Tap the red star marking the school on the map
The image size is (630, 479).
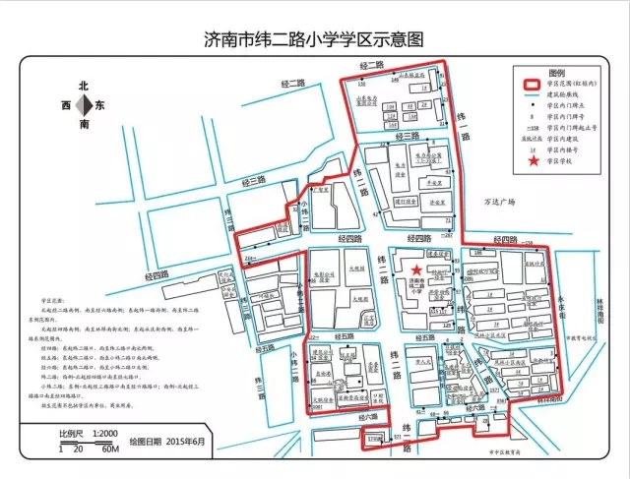[x=416, y=269]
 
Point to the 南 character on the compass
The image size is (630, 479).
[x=86, y=125]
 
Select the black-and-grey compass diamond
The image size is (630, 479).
[x=86, y=105]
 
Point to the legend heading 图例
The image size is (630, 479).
[x=558, y=73]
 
